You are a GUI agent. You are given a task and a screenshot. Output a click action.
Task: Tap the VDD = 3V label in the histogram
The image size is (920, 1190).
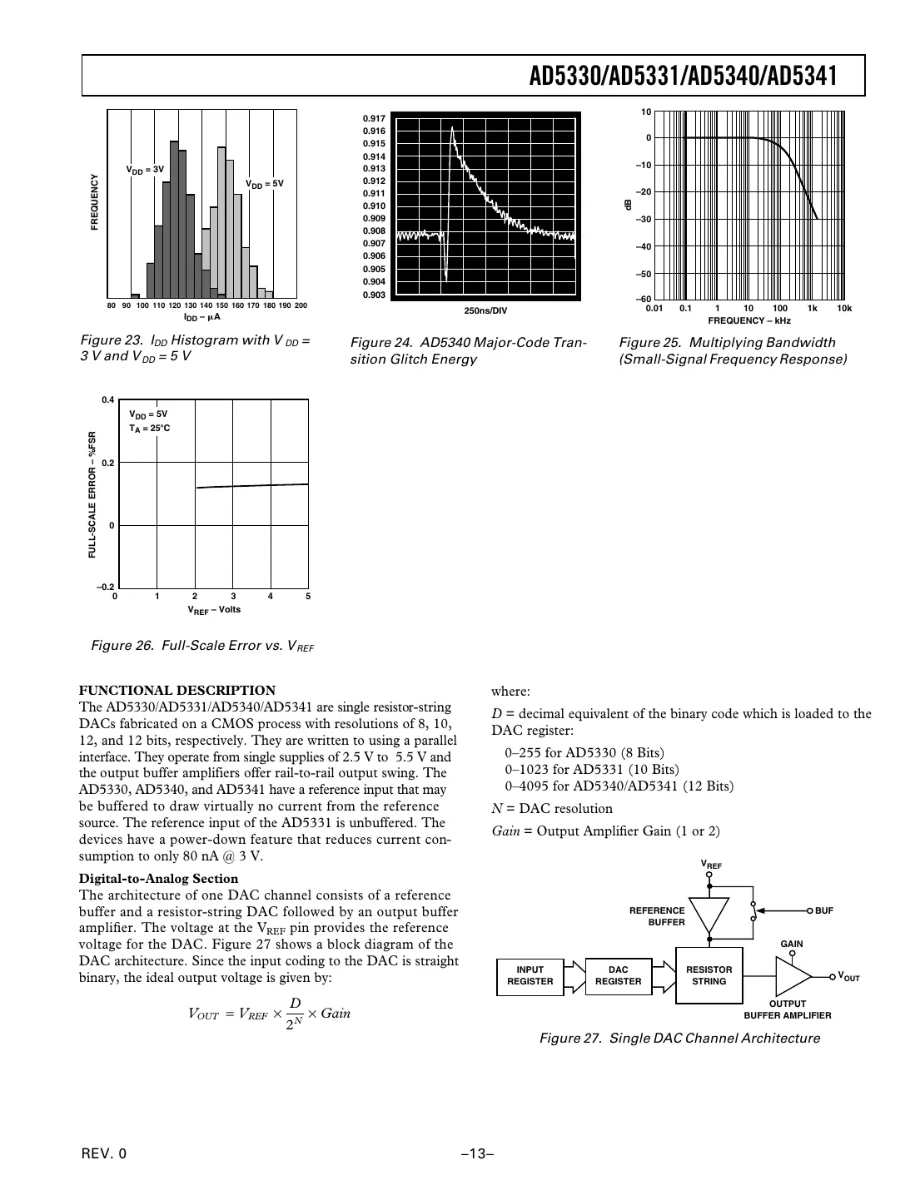(x=145, y=170)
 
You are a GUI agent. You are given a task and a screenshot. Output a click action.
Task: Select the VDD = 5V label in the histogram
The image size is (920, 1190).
(x=265, y=183)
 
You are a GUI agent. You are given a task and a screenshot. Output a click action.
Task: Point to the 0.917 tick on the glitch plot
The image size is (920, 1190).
(x=374, y=119)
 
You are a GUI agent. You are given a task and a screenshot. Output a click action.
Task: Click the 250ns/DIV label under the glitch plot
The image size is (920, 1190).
(x=485, y=311)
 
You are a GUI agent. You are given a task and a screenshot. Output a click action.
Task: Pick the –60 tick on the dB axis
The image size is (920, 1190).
(x=644, y=300)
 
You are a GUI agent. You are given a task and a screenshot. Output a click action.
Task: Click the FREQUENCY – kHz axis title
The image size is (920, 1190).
(x=748, y=320)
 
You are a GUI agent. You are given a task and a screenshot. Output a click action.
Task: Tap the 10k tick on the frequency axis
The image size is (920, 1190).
(x=843, y=309)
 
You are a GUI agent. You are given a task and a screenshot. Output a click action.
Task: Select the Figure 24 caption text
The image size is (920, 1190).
(x=468, y=351)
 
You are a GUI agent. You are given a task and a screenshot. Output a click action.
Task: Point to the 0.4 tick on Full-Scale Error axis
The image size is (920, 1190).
(x=107, y=400)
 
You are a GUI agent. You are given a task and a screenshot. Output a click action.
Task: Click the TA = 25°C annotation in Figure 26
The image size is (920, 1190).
(x=150, y=429)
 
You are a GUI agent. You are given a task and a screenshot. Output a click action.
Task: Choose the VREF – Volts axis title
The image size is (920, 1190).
(x=213, y=610)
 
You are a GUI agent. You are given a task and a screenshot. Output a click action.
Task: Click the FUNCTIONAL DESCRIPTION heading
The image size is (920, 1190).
(x=177, y=690)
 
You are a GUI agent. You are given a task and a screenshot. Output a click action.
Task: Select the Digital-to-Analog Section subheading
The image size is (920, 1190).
(x=158, y=879)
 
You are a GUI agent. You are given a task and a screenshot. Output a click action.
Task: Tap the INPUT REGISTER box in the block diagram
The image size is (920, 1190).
(x=530, y=975)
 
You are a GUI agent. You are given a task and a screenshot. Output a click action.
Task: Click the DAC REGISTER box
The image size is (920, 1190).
(x=618, y=975)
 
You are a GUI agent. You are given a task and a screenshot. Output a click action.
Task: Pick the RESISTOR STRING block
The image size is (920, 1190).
(x=709, y=975)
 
